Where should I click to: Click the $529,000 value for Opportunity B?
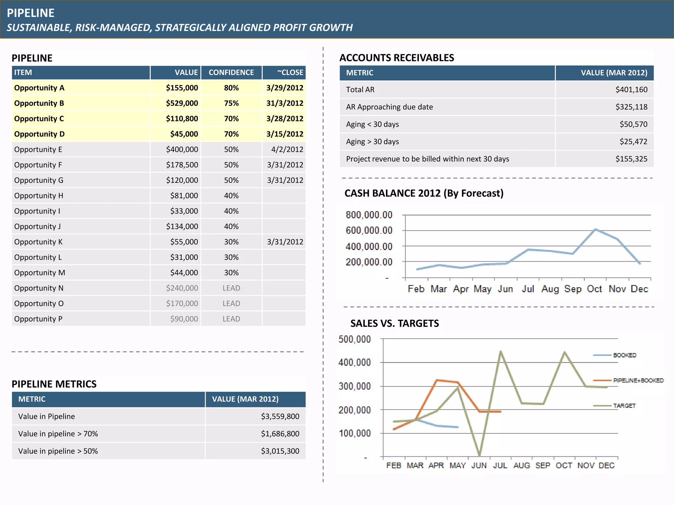tap(182, 103)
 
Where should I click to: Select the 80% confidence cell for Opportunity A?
tap(231, 88)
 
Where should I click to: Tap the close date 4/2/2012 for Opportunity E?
tap(287, 150)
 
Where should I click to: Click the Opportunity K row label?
tap(38, 242)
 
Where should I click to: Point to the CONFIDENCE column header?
tap(231, 72)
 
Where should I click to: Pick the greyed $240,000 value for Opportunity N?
tap(182, 288)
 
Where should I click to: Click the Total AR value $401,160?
tap(631, 89)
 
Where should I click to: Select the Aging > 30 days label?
tap(372, 142)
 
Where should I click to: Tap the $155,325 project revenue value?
tap(631, 159)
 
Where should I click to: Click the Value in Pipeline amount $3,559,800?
tap(280, 417)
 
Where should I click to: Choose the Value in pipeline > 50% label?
tap(58, 451)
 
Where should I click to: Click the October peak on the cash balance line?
tap(595, 229)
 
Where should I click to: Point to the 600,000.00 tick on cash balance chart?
tap(369, 230)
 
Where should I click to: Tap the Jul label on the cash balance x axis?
tap(528, 289)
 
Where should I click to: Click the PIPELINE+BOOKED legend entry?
tap(638, 380)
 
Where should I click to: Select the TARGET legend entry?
tap(624, 406)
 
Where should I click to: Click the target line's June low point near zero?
tap(479, 455)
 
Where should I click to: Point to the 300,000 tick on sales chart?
tap(354, 386)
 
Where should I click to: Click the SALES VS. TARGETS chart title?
tap(394, 324)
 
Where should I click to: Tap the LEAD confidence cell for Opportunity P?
tap(231, 319)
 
